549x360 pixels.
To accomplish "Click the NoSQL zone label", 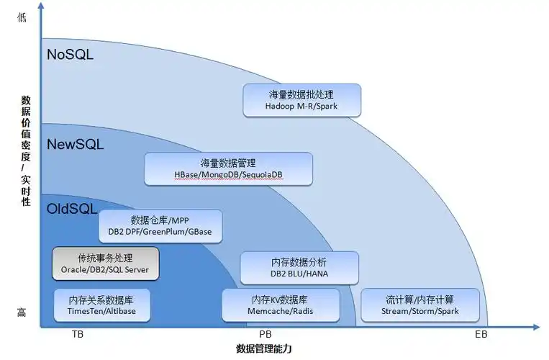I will pyautogui.click(x=70, y=55).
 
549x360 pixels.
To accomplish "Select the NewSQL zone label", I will pyautogui.click(x=76, y=145).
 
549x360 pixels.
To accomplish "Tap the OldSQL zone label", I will pyautogui.click(x=71, y=209).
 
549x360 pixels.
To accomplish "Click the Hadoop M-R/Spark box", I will pyautogui.click(x=301, y=100).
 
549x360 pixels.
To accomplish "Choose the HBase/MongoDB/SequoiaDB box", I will pyautogui.click(x=228, y=169).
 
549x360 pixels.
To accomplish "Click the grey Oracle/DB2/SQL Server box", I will pyautogui.click(x=105, y=264).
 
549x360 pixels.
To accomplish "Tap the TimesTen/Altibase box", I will pyautogui.click(x=104, y=305).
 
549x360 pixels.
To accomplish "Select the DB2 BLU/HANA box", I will pyautogui.click(x=299, y=268).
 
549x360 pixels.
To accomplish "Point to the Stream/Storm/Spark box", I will pyautogui.click(x=419, y=305).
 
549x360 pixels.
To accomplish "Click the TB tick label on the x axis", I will pyautogui.click(x=78, y=335).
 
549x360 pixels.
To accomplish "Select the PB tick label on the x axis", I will pyautogui.click(x=265, y=335).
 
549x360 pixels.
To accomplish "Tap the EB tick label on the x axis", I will pyautogui.click(x=481, y=335).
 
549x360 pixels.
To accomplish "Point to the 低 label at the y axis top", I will pyautogui.click(x=22, y=18).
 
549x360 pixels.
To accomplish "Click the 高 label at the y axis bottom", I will pyautogui.click(x=22, y=312).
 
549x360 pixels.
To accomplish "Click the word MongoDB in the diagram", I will pyautogui.click(x=219, y=175).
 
